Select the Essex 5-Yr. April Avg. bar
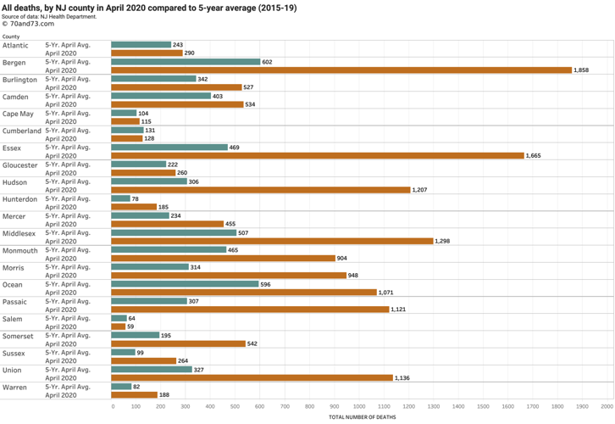coord(169,148)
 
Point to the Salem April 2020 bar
coord(118,326)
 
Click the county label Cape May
coord(18,114)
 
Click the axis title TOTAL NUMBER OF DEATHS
coord(362,417)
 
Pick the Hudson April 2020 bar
coord(261,190)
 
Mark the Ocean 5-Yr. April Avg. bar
coord(185,284)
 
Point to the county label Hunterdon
coord(19,199)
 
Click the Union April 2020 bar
coord(252,378)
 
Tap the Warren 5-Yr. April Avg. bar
coord(121,387)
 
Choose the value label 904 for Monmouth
coord(345,259)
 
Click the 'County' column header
coord(11,37)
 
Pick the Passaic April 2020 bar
coord(250,310)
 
